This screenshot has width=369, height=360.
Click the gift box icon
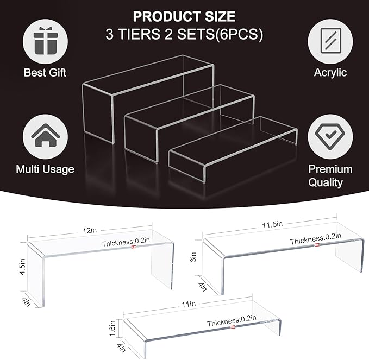(x=45, y=42)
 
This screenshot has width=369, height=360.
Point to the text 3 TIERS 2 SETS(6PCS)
(x=185, y=34)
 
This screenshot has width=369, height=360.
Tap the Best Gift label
(x=45, y=72)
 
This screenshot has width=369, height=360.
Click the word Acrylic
(x=330, y=72)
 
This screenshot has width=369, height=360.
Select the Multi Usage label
(x=45, y=169)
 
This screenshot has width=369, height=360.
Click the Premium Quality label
(x=330, y=175)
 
